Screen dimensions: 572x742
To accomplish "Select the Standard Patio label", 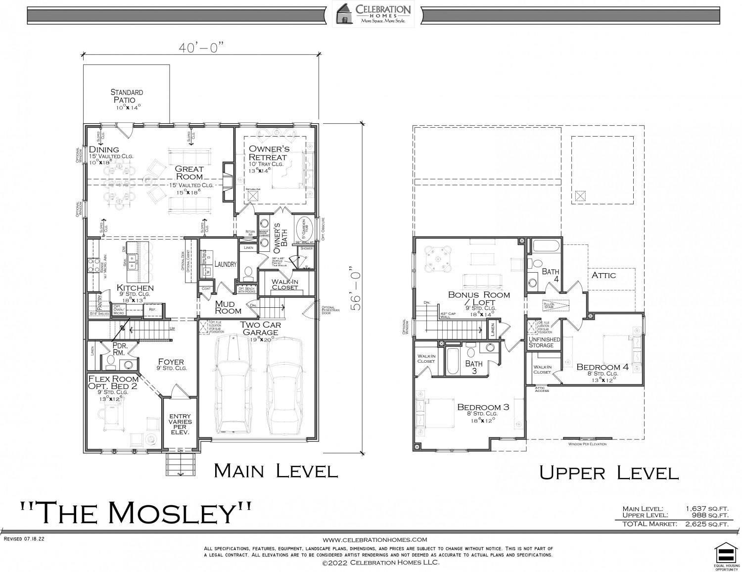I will (x=127, y=96).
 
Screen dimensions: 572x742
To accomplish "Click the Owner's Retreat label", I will (x=269, y=153).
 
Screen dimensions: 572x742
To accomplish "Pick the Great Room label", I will (x=189, y=173).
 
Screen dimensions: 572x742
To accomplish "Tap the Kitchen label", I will (x=135, y=288).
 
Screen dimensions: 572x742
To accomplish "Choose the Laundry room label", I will (x=226, y=264).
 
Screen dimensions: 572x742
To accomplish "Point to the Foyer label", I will (x=171, y=362).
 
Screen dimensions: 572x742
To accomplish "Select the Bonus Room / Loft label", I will (x=479, y=298).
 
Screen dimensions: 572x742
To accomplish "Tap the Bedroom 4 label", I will (x=603, y=367).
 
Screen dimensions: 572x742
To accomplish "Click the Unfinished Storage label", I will (x=544, y=342).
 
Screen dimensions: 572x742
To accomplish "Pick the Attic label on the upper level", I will (x=603, y=275).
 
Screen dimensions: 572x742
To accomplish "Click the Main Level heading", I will (x=276, y=470).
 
